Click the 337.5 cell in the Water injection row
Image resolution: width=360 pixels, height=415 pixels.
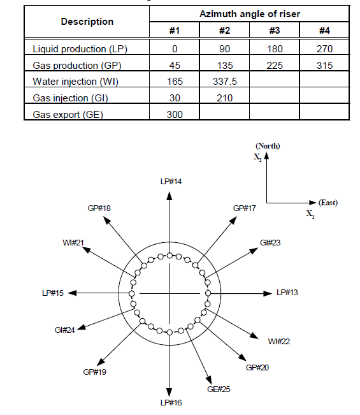(x=225, y=81)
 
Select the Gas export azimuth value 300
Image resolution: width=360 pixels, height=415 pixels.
(x=175, y=114)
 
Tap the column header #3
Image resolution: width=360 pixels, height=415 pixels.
(x=275, y=31)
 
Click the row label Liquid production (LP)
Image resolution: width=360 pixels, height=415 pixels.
(x=80, y=49)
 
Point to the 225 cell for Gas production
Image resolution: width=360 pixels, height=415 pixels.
(x=275, y=66)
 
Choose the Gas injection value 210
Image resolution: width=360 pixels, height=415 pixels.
(x=225, y=98)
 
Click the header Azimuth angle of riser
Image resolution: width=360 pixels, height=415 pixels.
(x=250, y=14)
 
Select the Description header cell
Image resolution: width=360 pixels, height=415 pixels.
(x=87, y=22)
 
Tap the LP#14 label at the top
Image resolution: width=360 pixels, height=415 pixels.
(x=171, y=182)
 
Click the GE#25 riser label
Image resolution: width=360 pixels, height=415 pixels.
(x=219, y=390)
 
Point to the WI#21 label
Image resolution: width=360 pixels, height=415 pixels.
(x=73, y=242)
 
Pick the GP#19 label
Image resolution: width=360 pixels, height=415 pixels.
(x=94, y=372)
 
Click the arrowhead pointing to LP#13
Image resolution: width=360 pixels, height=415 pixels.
(x=268, y=293)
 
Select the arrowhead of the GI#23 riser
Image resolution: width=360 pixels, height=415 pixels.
(x=254, y=250)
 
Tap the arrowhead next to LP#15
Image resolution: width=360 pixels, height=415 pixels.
(x=72, y=293)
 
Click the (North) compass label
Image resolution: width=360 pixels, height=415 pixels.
(x=268, y=146)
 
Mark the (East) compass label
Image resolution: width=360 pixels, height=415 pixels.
(x=328, y=203)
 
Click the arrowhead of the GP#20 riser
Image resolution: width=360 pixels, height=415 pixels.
(x=243, y=357)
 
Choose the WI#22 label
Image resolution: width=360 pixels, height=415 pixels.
(x=279, y=342)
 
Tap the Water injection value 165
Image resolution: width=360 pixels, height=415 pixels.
(x=175, y=81)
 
